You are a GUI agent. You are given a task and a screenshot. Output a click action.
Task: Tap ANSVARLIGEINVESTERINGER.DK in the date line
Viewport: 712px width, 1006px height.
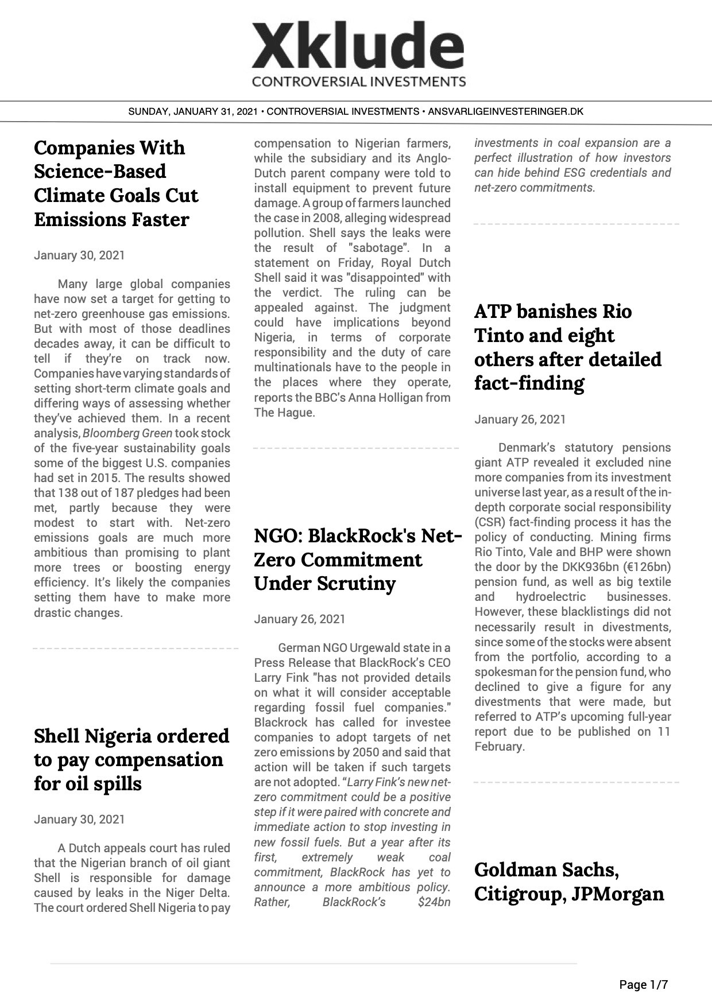click(505, 111)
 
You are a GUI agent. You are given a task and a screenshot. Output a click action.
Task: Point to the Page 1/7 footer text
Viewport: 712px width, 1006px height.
click(643, 985)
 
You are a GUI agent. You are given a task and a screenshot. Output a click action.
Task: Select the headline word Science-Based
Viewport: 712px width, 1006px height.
click(100, 172)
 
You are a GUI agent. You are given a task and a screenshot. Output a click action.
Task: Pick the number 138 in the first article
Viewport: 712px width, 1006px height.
click(68, 493)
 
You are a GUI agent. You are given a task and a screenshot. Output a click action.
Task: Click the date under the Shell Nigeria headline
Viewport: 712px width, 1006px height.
click(79, 819)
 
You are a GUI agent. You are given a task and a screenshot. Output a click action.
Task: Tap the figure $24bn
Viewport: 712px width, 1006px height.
click(435, 902)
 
